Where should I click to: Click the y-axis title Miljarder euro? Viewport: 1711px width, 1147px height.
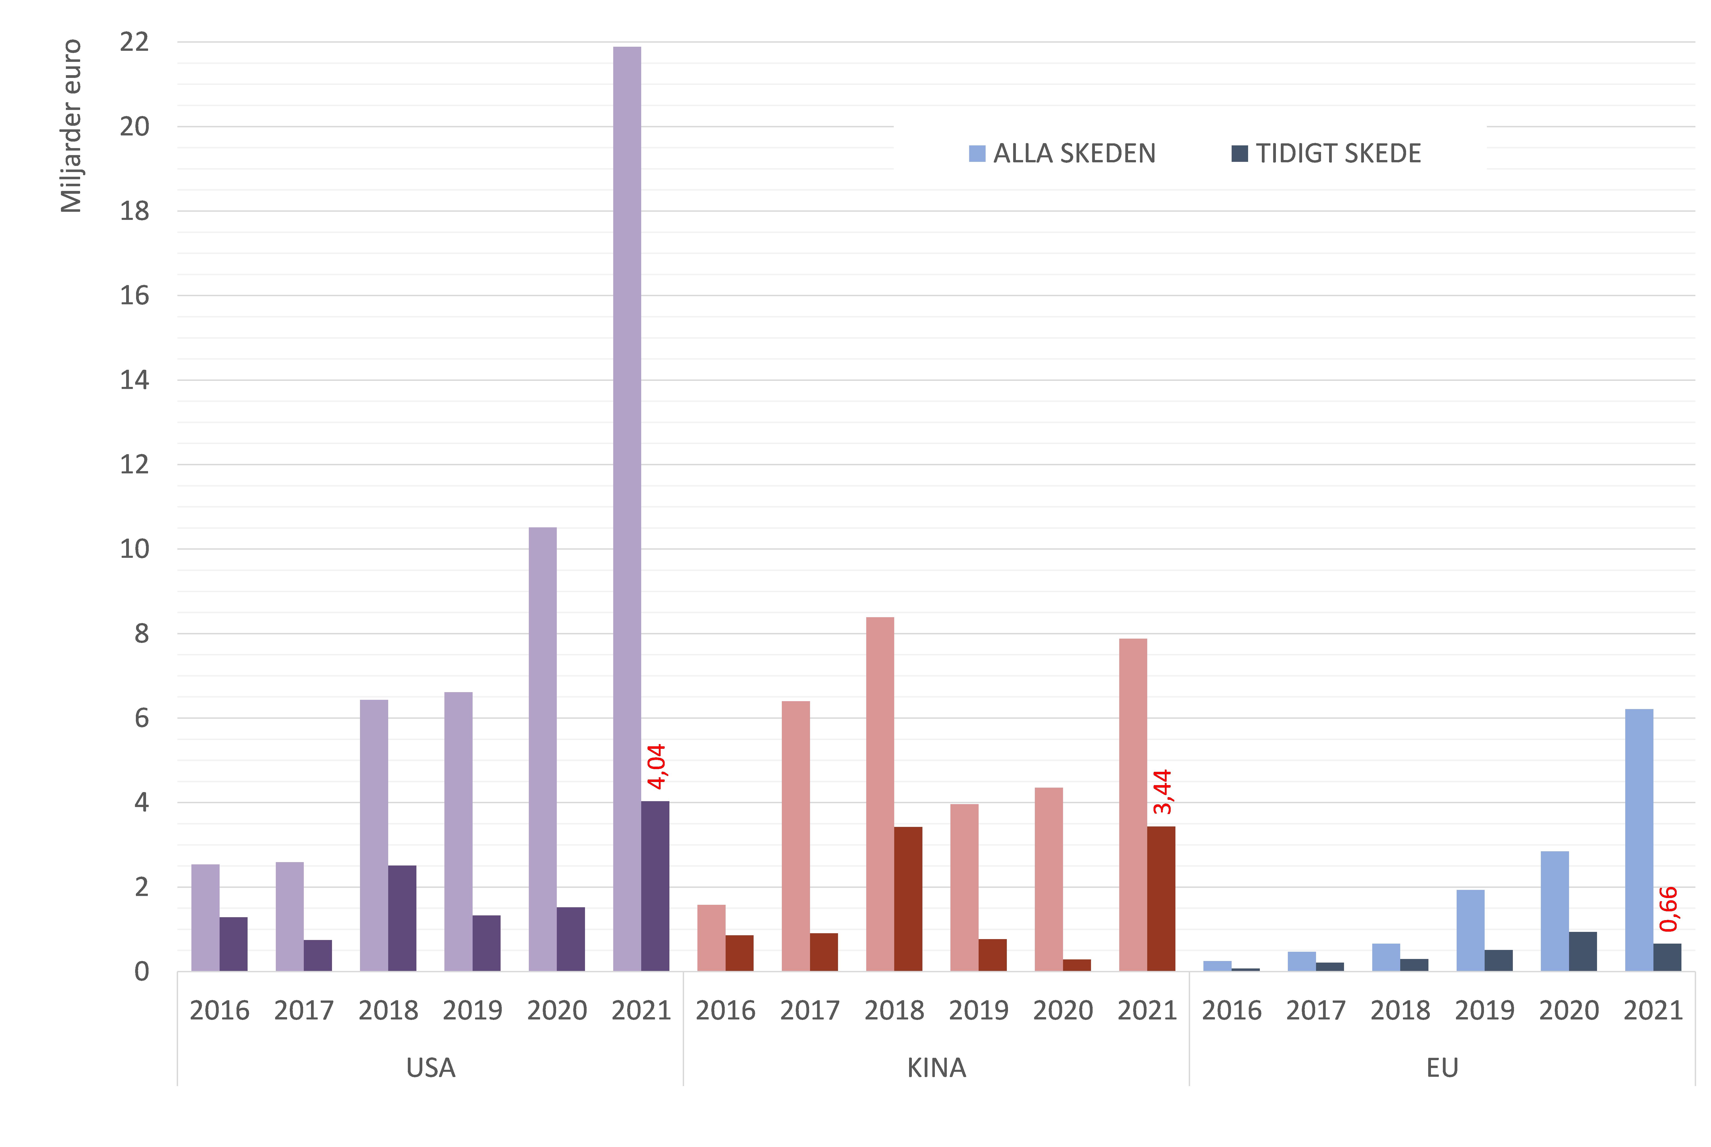[x=71, y=126]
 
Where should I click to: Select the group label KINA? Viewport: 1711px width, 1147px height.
[x=936, y=1068]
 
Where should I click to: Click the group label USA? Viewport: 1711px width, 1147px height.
[x=431, y=1068]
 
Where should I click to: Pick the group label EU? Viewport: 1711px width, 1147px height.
[x=1442, y=1068]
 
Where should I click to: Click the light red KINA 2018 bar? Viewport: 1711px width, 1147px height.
[x=880, y=794]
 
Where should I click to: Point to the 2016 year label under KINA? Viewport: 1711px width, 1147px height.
[x=725, y=1010]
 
